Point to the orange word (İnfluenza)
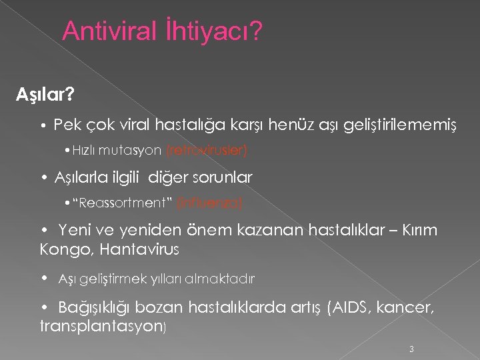(214, 201)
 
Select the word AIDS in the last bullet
(348, 307)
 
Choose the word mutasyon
(138, 151)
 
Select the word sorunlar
(223, 177)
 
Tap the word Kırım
(417, 231)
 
